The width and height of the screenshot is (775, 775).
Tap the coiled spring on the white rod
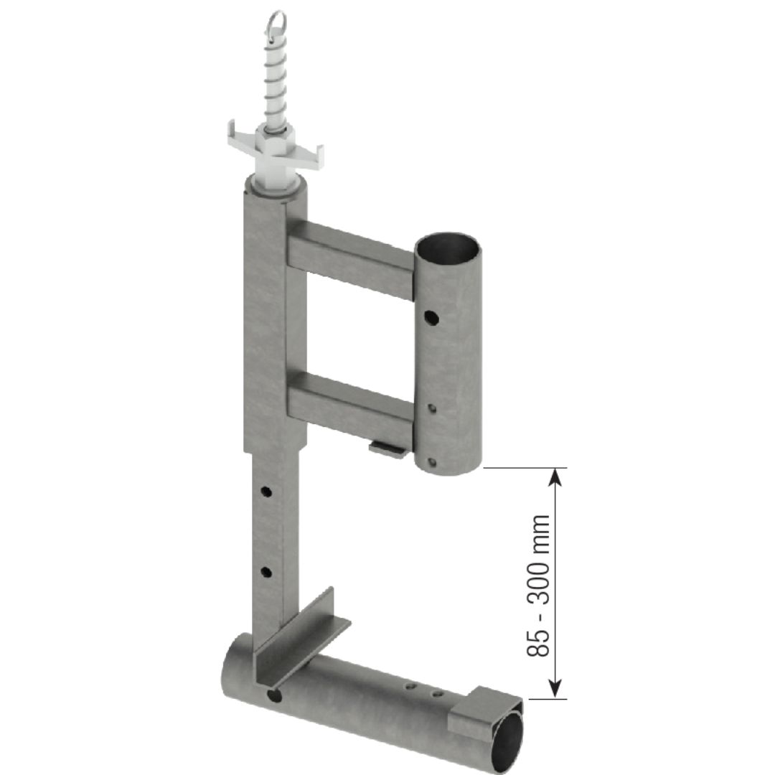[x=276, y=86]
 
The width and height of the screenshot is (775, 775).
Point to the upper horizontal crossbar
[x=350, y=258]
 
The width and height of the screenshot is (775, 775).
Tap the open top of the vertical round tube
[x=448, y=248]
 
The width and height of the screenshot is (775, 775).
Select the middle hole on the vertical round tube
[x=431, y=408]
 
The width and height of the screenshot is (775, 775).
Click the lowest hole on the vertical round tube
[x=432, y=462]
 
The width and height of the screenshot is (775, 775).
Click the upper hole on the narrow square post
[x=266, y=492]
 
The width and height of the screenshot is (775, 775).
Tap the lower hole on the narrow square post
[x=266, y=572]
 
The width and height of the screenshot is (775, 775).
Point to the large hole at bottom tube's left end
[x=273, y=695]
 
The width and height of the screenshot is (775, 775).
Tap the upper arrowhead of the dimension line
[x=553, y=477]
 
